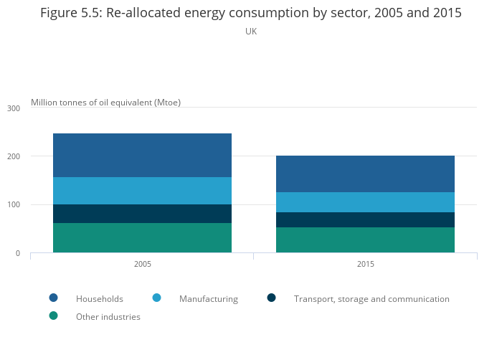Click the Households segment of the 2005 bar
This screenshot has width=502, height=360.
[142, 155]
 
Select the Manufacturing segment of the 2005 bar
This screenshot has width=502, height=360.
[142, 191]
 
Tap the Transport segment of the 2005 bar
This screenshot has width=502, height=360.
[142, 214]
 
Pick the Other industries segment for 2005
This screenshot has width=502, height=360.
[142, 238]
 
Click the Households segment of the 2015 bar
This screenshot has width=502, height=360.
[365, 174]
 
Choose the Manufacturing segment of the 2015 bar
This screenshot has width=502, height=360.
[365, 202]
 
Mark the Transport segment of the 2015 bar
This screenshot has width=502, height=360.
[365, 219]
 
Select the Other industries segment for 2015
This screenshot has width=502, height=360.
[365, 240]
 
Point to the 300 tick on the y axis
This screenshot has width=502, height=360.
[14, 108]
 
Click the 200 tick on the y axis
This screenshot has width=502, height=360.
[14, 156]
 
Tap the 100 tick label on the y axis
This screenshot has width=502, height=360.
[14, 205]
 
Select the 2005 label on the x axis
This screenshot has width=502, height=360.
[142, 265]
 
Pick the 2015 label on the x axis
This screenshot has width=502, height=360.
[365, 265]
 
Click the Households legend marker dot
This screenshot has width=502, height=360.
[53, 298]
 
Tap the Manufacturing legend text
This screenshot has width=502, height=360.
[208, 299]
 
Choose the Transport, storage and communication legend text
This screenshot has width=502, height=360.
[371, 299]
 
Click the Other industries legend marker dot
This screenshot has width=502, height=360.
[53, 316]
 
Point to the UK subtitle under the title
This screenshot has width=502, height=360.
[251, 32]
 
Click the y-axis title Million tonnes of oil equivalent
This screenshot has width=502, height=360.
[105, 103]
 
